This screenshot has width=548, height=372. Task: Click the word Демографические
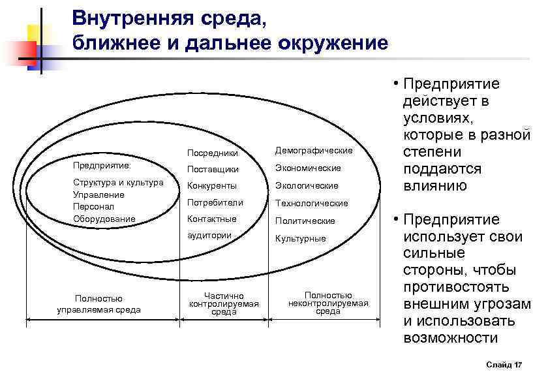click(313, 151)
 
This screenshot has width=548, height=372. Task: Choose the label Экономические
click(308, 168)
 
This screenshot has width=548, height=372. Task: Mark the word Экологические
click(307, 186)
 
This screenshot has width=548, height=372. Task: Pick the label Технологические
click(311, 203)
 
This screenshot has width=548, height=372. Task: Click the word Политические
click(305, 221)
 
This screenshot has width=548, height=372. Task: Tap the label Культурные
click(300, 238)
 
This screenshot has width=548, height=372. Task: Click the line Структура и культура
click(118, 183)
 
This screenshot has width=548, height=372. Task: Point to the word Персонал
click(91, 206)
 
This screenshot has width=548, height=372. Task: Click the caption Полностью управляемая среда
click(99, 304)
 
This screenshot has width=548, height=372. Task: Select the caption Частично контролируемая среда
click(224, 304)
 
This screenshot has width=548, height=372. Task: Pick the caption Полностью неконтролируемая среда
click(328, 303)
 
